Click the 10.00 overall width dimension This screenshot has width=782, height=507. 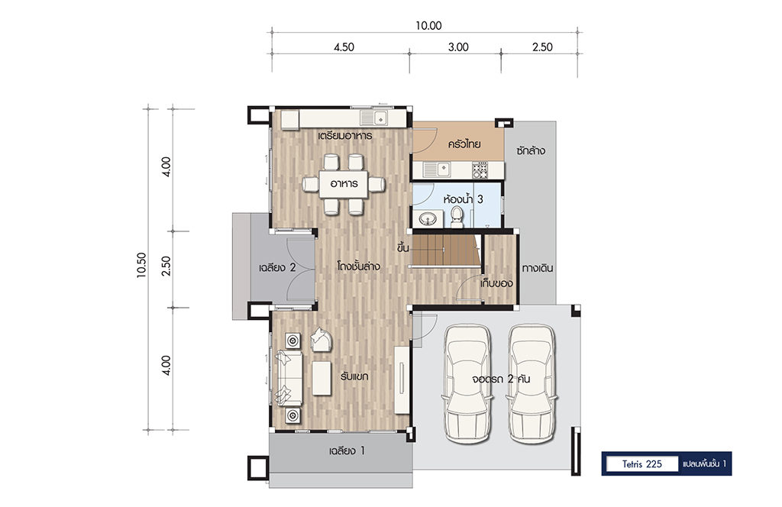tap(428, 25)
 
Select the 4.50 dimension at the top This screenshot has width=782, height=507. tap(344, 47)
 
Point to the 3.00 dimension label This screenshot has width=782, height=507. tap(458, 47)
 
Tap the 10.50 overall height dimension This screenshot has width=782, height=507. tap(141, 265)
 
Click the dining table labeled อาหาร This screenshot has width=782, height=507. tap(344, 184)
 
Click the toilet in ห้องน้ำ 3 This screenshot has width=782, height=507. tap(457, 217)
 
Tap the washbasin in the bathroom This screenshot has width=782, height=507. tap(428, 219)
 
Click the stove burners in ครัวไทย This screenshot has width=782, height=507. tap(480, 170)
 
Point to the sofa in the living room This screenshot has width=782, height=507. tap(288, 378)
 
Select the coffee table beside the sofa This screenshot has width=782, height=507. tap(322, 379)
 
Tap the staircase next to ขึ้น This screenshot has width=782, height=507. tap(445, 250)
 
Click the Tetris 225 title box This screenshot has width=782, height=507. tap(641, 464)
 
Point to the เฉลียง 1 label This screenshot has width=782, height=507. tap(347, 450)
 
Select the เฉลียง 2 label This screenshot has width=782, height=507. tap(277, 268)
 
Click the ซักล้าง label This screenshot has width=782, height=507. tap(531, 150)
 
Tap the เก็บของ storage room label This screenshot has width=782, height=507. tap(496, 283)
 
